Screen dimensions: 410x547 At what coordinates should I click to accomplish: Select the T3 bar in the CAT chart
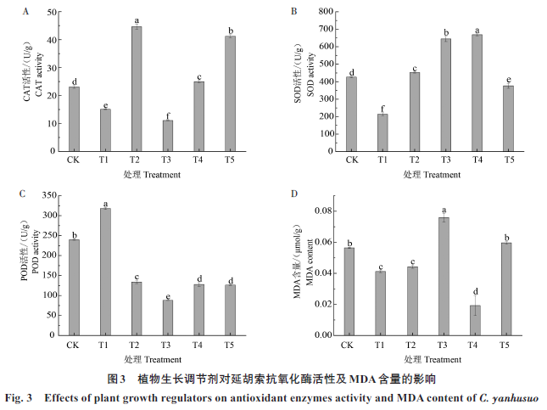(x=168, y=136)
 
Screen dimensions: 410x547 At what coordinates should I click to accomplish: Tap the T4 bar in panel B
(x=477, y=93)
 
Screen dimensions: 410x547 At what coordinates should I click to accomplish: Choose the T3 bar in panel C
(x=168, y=317)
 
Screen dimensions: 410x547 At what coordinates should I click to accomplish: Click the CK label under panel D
(x=347, y=345)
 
